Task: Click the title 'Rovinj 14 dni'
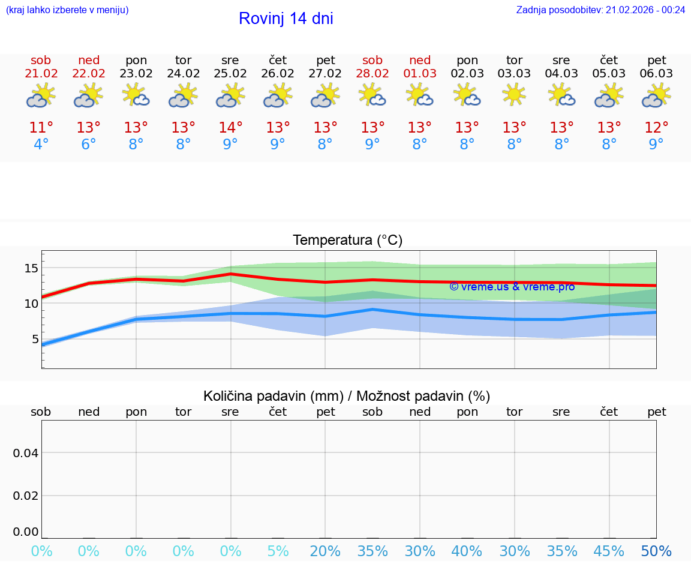tap(286, 19)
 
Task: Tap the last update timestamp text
tap(600, 10)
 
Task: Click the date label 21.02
tap(41, 74)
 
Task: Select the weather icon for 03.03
tap(514, 95)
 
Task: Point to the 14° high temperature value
tap(230, 128)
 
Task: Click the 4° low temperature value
tap(41, 145)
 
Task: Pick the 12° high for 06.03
tap(656, 128)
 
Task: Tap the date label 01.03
tap(420, 74)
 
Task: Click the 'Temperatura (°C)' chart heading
tap(347, 241)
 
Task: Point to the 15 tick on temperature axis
tap(31, 268)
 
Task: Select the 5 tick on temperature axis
tap(35, 339)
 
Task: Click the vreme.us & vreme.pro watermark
tap(512, 287)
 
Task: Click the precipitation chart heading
tap(347, 396)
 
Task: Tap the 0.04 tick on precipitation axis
tap(26, 452)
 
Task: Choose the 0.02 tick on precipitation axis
tap(26, 496)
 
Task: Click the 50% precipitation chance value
tap(656, 551)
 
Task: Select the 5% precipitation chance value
tap(278, 551)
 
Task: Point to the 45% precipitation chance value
tap(609, 551)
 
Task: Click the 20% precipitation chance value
tap(325, 551)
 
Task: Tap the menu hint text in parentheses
tap(67, 10)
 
